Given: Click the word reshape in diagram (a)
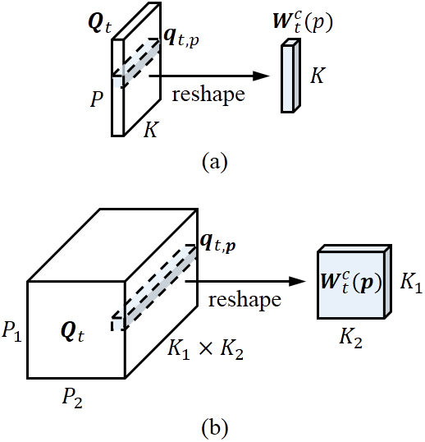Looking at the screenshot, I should [208, 94].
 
